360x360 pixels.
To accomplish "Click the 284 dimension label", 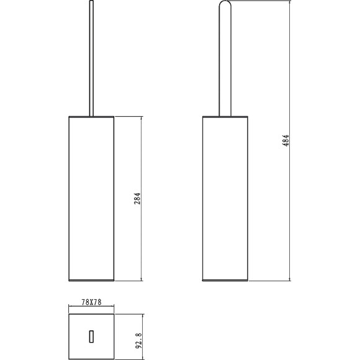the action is (x=137, y=199).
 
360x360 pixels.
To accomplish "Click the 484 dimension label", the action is (x=286, y=140).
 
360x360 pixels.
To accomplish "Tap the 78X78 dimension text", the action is (x=91, y=302).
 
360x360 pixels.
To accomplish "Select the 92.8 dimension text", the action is (x=138, y=341).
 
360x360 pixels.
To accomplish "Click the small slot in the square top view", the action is (x=91, y=336).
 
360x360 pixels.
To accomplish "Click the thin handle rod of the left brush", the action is (x=91, y=58).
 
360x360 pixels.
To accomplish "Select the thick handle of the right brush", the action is (x=225, y=58).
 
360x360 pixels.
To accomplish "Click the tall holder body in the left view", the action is (x=91, y=199).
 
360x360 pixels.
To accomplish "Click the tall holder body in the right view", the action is (x=225, y=199).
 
